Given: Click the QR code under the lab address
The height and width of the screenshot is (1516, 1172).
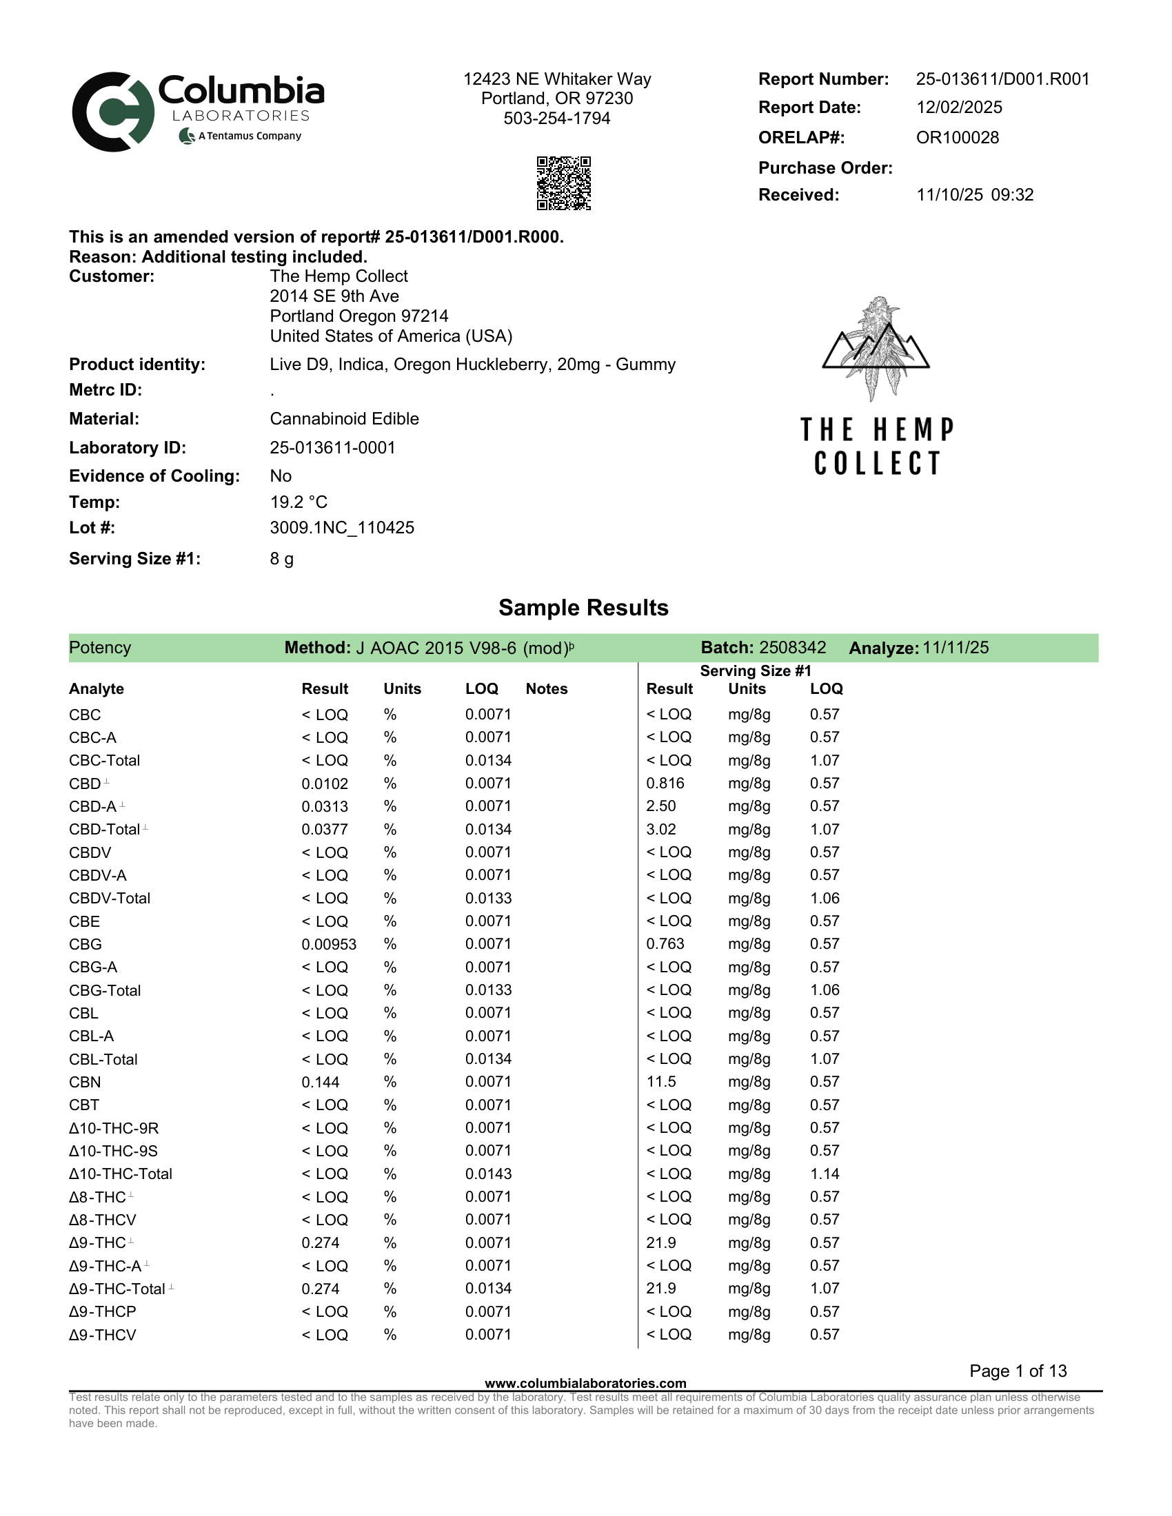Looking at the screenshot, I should tap(563, 183).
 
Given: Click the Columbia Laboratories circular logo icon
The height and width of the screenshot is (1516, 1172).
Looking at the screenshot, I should tap(113, 112).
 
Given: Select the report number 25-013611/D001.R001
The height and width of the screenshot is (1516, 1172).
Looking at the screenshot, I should tap(1002, 79).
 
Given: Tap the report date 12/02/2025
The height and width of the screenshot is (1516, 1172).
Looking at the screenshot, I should tap(959, 107).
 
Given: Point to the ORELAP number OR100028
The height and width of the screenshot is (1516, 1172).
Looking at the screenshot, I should tap(957, 137).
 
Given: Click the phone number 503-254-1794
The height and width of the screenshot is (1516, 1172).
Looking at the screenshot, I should tap(557, 119).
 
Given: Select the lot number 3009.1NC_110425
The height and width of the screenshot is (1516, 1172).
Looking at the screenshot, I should tap(341, 528).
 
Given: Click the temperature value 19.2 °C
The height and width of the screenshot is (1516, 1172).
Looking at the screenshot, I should tap(299, 502).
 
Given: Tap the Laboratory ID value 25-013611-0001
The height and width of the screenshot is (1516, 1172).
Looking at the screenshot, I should tap(332, 448).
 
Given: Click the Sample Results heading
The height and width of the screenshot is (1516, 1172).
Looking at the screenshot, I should tap(583, 607).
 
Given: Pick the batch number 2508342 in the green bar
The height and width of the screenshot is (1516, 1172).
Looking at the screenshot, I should tap(792, 648).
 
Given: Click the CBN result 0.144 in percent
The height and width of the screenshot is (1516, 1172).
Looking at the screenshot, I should tap(320, 1082).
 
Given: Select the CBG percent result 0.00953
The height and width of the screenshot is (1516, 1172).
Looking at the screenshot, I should tap(328, 944).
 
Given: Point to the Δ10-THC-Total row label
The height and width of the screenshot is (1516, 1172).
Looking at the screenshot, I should tap(120, 1174).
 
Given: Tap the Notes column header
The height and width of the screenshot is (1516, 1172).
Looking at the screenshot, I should tap(547, 688).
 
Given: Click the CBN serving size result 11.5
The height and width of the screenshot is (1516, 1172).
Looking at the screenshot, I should tap(660, 1082).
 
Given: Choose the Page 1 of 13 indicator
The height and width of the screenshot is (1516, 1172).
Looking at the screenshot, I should tap(1017, 1371).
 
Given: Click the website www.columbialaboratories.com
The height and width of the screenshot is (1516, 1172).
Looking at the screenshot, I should tap(585, 1384).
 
